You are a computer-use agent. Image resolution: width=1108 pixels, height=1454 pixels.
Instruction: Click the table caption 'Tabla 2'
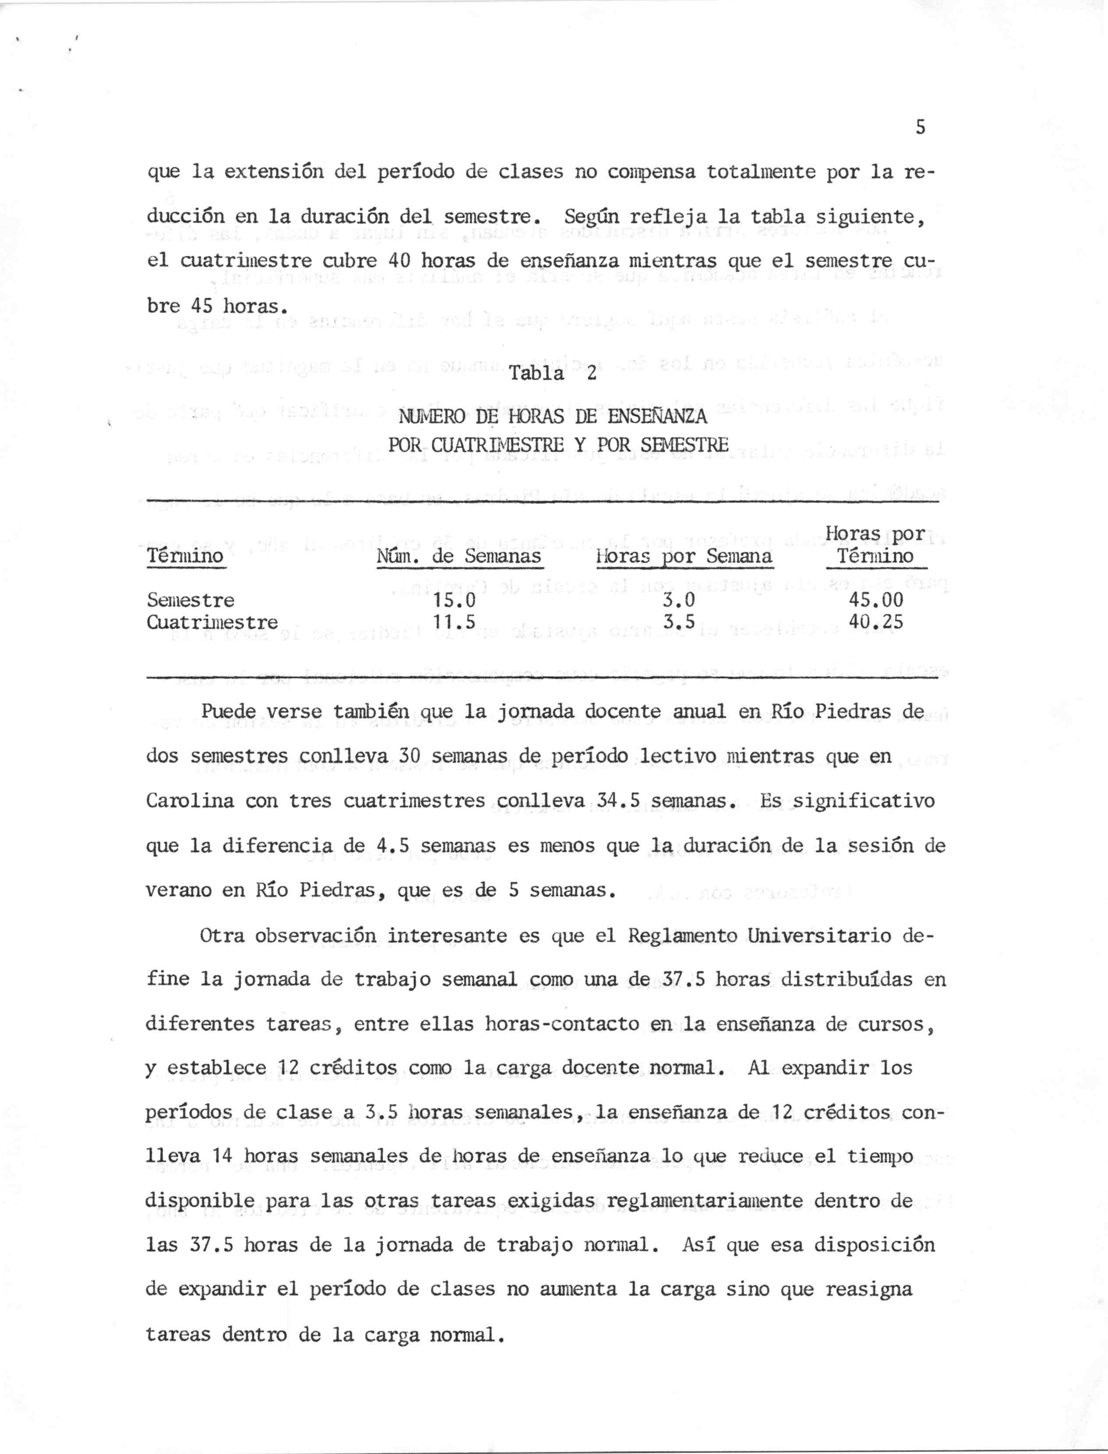[x=553, y=374]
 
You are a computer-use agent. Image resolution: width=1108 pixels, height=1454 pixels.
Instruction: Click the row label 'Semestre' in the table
[x=191, y=601]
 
